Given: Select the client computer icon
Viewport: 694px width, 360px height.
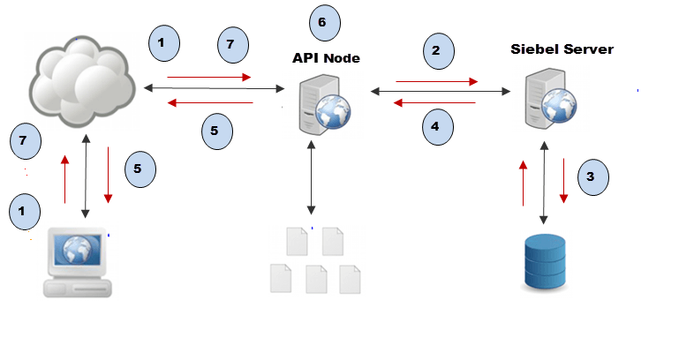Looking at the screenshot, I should point(79,263).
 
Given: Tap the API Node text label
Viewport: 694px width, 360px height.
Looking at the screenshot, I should point(326,57).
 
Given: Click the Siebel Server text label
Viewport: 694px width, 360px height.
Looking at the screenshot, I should point(561,49).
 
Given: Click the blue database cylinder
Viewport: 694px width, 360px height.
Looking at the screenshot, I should point(545,262).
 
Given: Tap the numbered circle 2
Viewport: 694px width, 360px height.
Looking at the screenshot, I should point(435,50).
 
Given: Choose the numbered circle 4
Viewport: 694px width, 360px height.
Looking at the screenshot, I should point(434,126).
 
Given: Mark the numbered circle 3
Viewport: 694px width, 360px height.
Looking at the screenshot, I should point(591,176).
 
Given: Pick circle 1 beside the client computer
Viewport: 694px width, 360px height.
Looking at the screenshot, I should point(24,212).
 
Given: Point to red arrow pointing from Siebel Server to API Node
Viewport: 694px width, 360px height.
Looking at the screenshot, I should point(434,103).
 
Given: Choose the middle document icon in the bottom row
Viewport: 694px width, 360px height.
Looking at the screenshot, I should point(316,280).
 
